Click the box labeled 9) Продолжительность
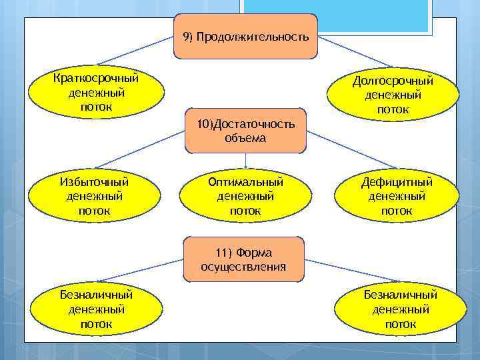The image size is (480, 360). tap(246, 37)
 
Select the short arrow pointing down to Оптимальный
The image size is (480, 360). tap(246, 161)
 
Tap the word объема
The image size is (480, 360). tap(245, 139)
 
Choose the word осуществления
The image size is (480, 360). tap(243, 267)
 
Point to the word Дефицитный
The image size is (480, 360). tap(397, 182)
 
